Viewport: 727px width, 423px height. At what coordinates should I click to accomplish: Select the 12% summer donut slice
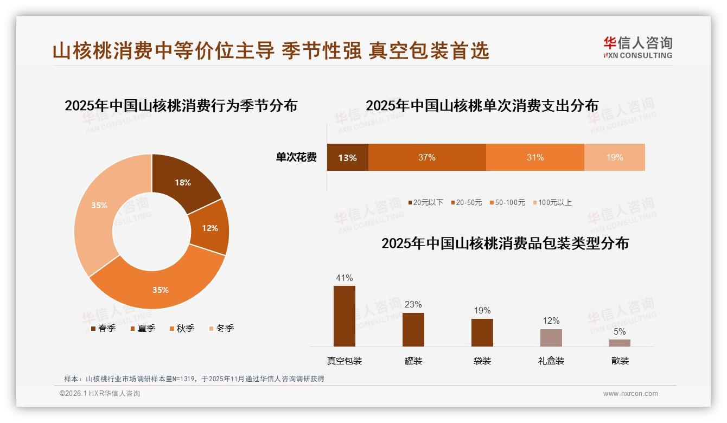click(x=210, y=228)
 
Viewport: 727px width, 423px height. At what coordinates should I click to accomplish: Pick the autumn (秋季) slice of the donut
click(x=160, y=290)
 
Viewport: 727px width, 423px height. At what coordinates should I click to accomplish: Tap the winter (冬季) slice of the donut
click(x=99, y=206)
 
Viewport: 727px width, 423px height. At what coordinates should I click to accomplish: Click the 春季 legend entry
click(x=103, y=328)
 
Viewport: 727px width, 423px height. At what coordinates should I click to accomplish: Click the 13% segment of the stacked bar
click(x=347, y=158)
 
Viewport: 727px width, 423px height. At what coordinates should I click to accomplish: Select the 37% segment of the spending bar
click(x=427, y=158)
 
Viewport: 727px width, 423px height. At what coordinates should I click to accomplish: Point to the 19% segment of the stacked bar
click(x=614, y=158)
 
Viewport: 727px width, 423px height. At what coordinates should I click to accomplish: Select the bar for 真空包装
click(x=345, y=316)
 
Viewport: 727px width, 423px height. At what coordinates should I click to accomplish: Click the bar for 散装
click(x=620, y=343)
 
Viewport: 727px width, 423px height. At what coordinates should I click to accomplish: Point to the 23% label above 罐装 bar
click(x=413, y=304)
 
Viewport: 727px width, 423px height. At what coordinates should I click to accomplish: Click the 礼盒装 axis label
click(x=551, y=361)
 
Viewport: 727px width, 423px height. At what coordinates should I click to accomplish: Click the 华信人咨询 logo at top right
click(x=637, y=47)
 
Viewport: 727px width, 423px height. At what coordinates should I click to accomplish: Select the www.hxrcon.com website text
click(x=630, y=394)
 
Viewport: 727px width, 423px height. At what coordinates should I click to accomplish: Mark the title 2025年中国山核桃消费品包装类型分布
click(x=505, y=243)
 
